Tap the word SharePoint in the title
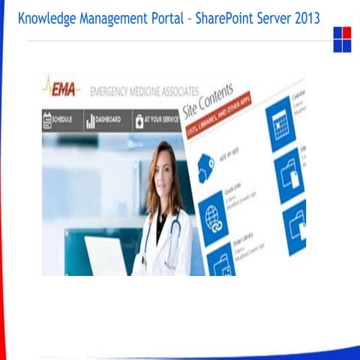coord(224,17)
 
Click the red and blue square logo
coord(342,39)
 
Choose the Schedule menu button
coord(62,120)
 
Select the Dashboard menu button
coord(104,120)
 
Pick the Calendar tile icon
coord(281,124)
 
